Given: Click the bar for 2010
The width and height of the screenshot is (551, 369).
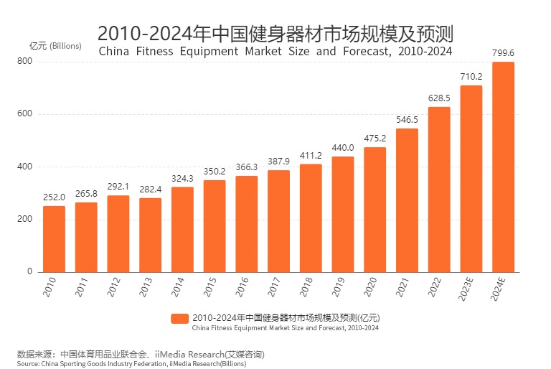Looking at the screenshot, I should click(x=54, y=239).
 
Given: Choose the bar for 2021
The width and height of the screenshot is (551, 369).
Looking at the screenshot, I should click(x=407, y=200).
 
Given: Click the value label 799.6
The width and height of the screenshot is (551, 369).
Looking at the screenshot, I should click(x=503, y=52).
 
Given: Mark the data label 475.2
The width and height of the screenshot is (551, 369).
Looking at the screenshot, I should click(x=375, y=138).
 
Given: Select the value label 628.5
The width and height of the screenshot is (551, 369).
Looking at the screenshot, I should click(x=439, y=98).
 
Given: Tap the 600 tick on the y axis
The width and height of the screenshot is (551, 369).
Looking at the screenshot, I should click(x=25, y=114).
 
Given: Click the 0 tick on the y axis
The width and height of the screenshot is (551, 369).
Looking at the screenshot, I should click(x=30, y=272).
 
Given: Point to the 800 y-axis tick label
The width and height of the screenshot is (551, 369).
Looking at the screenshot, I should click(x=25, y=62).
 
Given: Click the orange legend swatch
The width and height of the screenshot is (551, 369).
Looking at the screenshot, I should click(x=180, y=317).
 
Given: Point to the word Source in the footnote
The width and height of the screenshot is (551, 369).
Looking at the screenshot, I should click(x=28, y=364).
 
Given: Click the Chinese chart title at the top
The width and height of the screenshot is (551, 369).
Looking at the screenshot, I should click(x=275, y=33).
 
